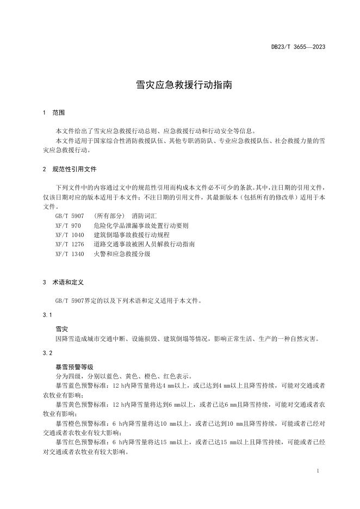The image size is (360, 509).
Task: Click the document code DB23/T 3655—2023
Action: (299, 47)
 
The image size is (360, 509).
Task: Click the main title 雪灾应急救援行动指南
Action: (179, 85)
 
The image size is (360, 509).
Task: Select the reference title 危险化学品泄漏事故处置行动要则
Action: (141, 226)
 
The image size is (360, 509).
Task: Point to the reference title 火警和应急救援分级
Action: (122, 254)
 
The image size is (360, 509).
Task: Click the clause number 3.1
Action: (47, 315)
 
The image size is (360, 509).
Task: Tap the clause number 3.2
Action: (47, 353)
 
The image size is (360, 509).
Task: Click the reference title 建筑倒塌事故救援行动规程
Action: (131, 235)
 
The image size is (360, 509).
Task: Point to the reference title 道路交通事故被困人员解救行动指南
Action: (144, 244)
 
